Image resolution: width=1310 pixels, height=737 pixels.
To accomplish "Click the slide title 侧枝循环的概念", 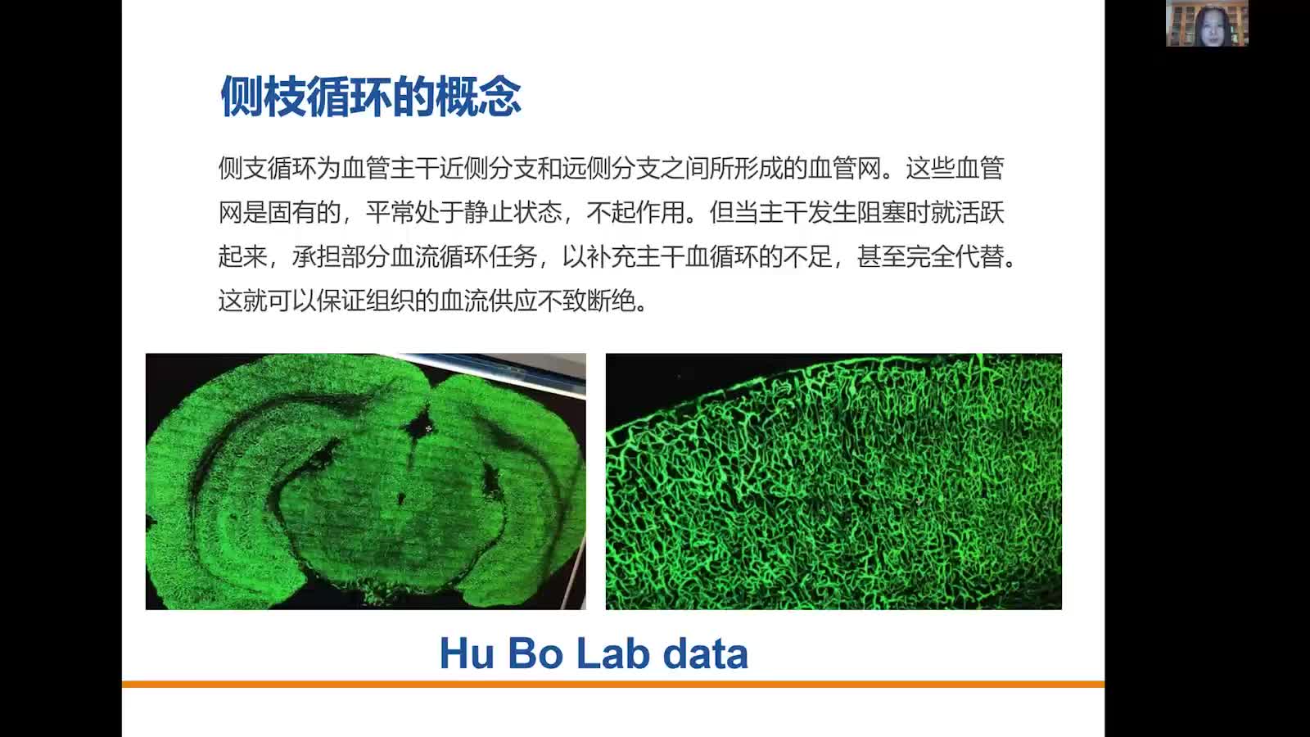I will (370, 97).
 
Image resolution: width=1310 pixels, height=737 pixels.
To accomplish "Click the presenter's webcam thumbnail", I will (1207, 23).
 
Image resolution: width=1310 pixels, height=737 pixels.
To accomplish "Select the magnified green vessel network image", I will (833, 482).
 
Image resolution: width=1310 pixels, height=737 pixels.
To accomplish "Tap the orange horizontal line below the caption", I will (612, 684).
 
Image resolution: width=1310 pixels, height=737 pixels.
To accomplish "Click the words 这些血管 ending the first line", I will (955, 169).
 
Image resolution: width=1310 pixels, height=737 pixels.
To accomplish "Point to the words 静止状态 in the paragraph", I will (513, 213).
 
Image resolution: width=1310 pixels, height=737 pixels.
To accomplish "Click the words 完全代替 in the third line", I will (955, 257).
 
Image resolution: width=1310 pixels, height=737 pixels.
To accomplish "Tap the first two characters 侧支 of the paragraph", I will (242, 169).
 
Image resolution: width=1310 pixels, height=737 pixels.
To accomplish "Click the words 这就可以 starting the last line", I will (267, 301).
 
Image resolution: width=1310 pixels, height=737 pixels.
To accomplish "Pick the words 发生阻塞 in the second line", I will (856, 213).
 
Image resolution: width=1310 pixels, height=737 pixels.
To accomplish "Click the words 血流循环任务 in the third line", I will (463, 257).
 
